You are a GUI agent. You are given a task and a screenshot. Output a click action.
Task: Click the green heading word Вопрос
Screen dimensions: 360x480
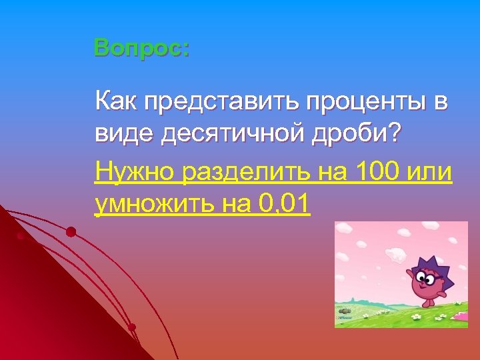[141, 48]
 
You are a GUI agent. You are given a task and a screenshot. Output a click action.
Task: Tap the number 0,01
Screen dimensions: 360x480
[282, 204]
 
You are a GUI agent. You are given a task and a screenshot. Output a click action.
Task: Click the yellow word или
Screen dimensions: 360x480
[431, 173]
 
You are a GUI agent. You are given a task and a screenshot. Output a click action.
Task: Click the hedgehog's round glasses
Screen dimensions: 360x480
[427, 276]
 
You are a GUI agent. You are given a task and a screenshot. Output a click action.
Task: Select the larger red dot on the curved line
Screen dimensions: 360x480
[71, 232]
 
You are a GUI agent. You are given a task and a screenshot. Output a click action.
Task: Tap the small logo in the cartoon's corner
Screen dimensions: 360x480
[345, 319]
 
